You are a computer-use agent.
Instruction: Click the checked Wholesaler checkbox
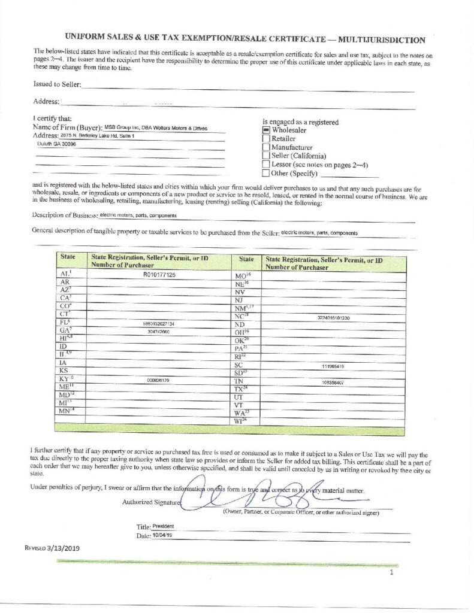tap(267, 130)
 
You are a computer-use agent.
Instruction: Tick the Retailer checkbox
tap(267, 138)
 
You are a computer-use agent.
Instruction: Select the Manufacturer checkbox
tap(267, 147)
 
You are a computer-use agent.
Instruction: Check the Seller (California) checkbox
tap(267, 156)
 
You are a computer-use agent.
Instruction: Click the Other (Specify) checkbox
tap(267, 174)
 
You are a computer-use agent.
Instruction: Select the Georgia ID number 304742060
tap(159, 331)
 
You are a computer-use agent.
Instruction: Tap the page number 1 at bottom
tap(391, 572)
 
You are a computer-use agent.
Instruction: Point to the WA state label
tap(241, 413)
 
